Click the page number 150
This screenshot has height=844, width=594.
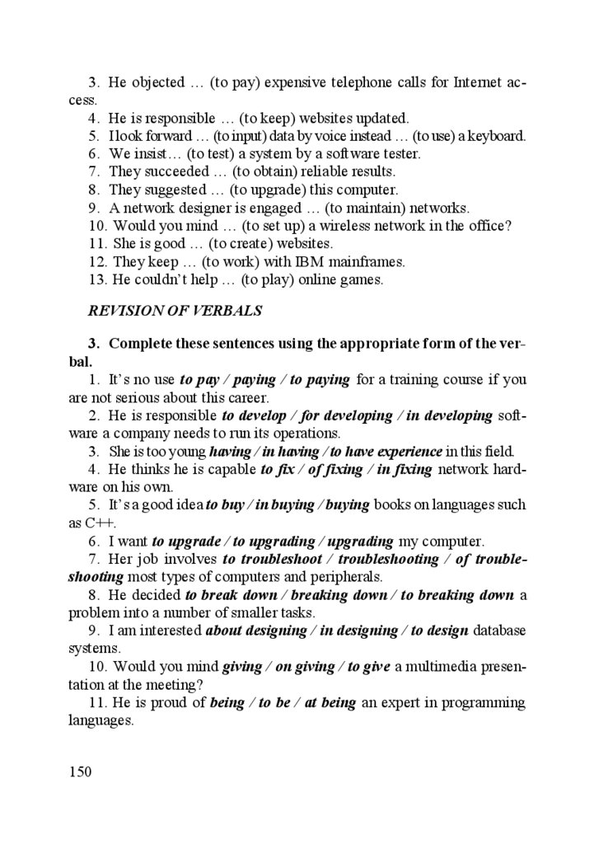(79, 771)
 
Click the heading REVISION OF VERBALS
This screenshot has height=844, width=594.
(175, 311)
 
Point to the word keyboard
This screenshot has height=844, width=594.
(497, 136)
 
